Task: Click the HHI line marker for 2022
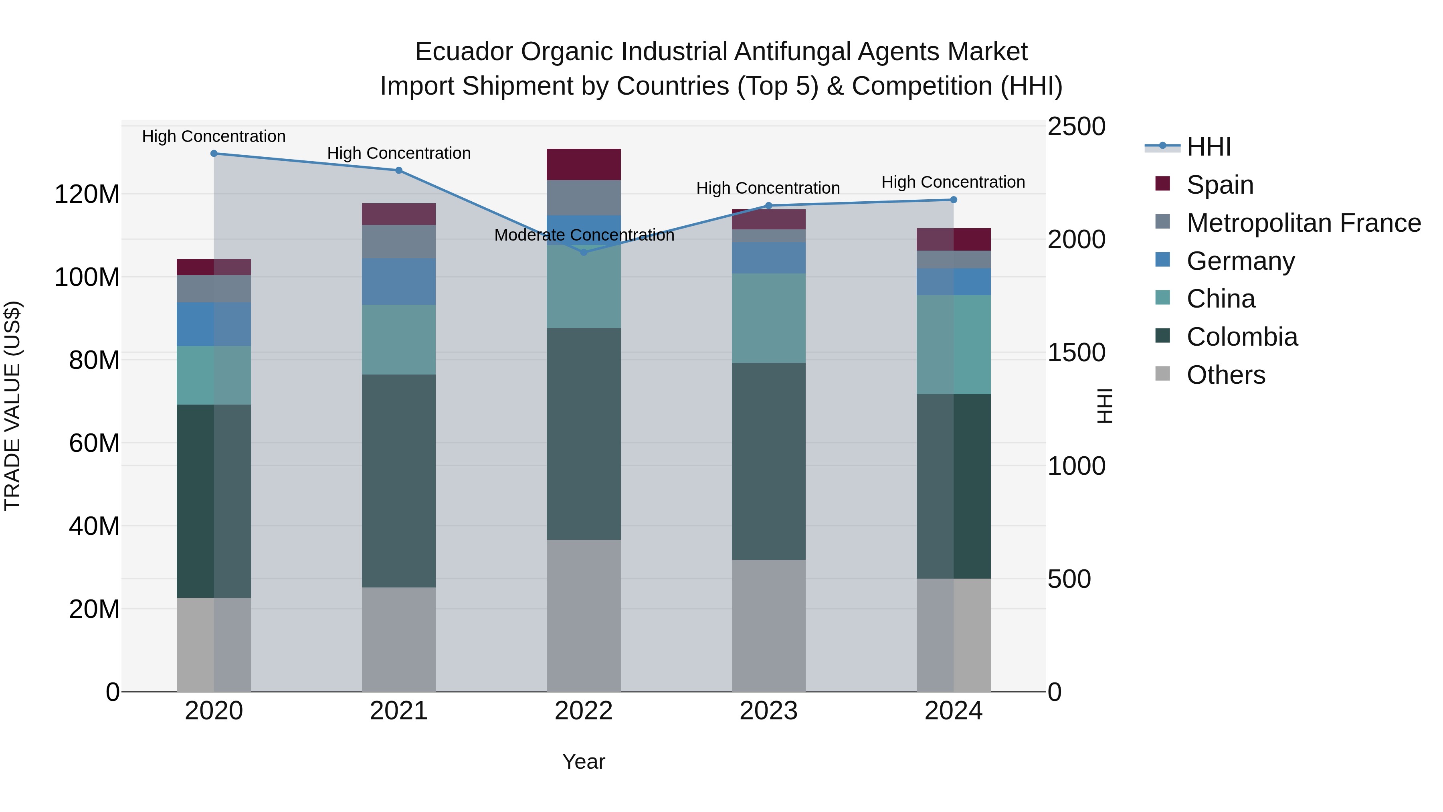583,252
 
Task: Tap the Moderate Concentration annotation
584,235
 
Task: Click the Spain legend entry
1219,185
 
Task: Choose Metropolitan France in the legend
1303,223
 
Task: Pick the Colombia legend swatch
1162,336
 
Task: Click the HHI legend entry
1208,147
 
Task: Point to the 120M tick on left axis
87,195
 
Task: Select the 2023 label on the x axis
768,711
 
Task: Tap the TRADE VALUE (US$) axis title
12,406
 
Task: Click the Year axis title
583,761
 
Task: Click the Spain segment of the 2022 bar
583,164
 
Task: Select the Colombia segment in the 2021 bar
398,480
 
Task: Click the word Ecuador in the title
463,52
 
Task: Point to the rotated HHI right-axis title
1104,406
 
